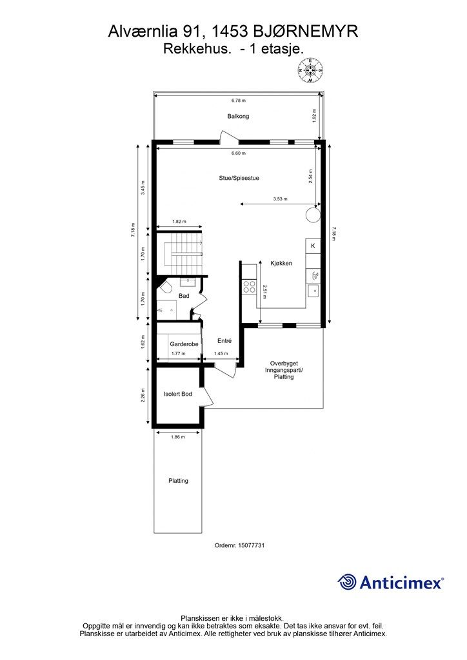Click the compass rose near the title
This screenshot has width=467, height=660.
tap(310, 70)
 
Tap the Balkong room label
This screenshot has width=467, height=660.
tap(238, 116)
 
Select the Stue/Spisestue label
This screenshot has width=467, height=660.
tap(239, 178)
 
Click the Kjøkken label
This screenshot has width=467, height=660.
tap(281, 264)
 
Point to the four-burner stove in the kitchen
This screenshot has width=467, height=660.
tap(249, 287)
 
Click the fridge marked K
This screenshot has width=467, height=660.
tap(313, 246)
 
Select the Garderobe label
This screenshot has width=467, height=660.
tap(184, 344)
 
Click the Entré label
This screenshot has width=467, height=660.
tap(224, 341)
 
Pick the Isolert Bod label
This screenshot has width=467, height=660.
tap(177, 394)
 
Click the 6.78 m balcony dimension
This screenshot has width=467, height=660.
tap(239, 101)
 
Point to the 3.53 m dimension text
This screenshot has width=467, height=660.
tap(280, 199)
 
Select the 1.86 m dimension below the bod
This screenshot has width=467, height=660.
tap(178, 438)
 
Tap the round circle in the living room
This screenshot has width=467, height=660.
tap(312, 215)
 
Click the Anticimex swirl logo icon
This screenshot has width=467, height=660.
tap(347, 582)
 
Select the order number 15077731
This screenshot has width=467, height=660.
tap(251, 545)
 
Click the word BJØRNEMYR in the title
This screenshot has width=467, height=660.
tap(306, 32)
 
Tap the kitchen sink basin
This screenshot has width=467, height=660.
tap(313, 291)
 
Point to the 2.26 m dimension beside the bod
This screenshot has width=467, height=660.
tap(143, 395)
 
